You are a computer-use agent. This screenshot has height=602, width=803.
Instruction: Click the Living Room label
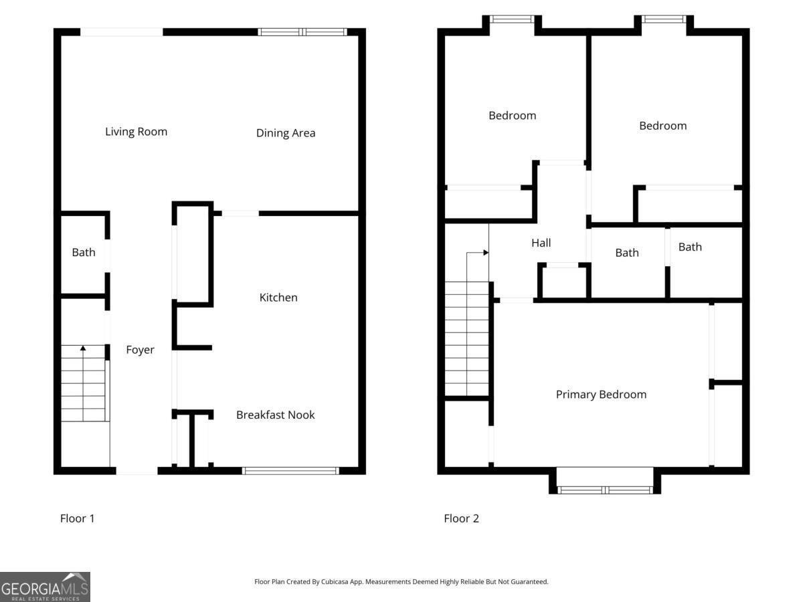tap(136, 132)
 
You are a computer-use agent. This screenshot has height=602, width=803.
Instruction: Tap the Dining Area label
tap(286, 133)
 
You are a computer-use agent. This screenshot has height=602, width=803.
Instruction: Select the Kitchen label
tap(278, 298)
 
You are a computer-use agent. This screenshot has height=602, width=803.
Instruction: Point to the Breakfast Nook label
tap(275, 415)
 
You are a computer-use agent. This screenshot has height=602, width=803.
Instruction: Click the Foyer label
tap(140, 350)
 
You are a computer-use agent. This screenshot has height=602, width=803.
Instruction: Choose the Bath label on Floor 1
tap(84, 252)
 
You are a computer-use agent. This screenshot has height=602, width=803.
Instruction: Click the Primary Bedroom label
tap(601, 395)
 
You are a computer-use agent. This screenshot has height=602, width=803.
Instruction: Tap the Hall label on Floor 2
tap(541, 243)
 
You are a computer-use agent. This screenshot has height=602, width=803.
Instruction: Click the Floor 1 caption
tap(78, 518)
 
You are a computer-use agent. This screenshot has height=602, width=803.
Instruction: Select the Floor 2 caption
tap(461, 518)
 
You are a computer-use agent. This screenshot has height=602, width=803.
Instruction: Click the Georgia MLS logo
tap(45, 587)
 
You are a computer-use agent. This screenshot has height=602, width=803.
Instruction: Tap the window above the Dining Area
tap(302, 31)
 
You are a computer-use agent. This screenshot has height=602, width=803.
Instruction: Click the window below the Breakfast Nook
tap(290, 471)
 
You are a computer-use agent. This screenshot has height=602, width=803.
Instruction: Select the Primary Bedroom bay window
tap(605, 490)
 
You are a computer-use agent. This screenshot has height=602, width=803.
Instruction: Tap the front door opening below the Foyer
tap(137, 471)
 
